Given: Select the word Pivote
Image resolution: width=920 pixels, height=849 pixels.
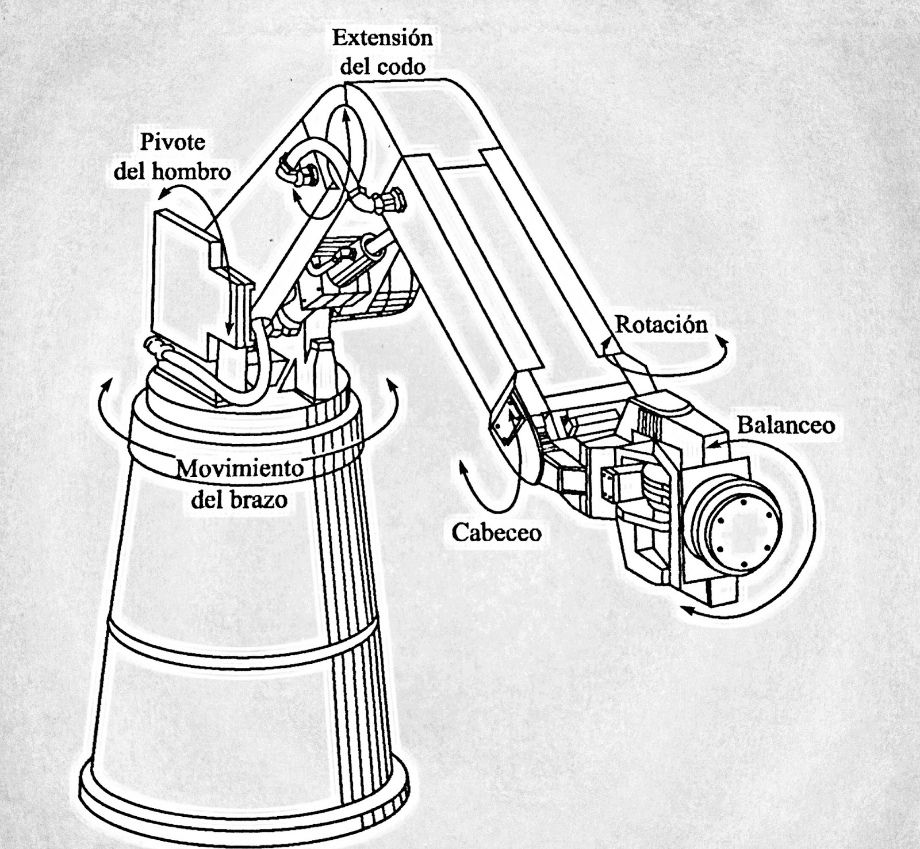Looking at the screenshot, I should click(x=172, y=142).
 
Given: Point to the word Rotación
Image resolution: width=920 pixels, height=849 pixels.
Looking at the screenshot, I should click(x=661, y=325).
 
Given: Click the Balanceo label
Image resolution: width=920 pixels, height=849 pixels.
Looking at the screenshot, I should click(x=786, y=426).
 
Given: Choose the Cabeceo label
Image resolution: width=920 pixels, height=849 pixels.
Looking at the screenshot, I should click(x=496, y=533).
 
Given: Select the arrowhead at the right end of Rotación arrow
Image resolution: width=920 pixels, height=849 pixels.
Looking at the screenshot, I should click(x=723, y=344).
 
